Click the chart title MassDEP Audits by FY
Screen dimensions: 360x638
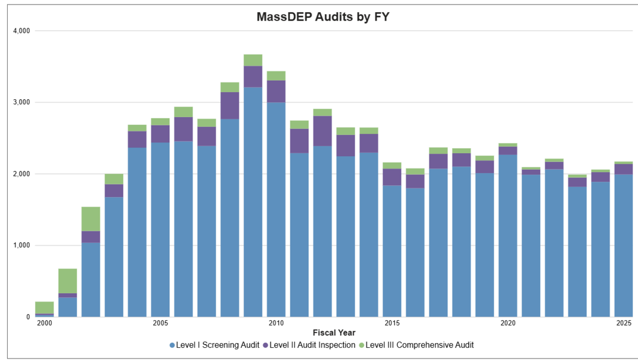[323, 17]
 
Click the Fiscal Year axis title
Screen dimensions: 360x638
[334, 333]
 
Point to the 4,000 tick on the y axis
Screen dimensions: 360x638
[21, 31]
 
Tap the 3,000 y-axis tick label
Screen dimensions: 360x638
[21, 102]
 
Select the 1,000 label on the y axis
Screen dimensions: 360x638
[21, 245]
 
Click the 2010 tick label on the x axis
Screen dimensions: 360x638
[276, 323]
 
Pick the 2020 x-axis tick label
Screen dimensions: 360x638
[508, 323]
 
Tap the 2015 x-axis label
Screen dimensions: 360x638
[392, 323]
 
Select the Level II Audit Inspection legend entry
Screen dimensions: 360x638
[308, 345]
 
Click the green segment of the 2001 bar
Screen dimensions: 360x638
[67, 281]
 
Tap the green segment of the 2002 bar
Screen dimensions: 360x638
[91, 219]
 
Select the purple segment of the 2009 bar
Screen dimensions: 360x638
[253, 77]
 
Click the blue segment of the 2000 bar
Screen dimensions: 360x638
[44, 315]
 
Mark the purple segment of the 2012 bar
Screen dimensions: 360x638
[323, 131]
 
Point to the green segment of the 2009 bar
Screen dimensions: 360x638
[253, 60]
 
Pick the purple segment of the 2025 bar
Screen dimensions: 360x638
[624, 169]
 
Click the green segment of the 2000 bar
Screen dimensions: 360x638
[44, 308]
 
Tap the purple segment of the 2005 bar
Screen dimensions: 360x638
[161, 134]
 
